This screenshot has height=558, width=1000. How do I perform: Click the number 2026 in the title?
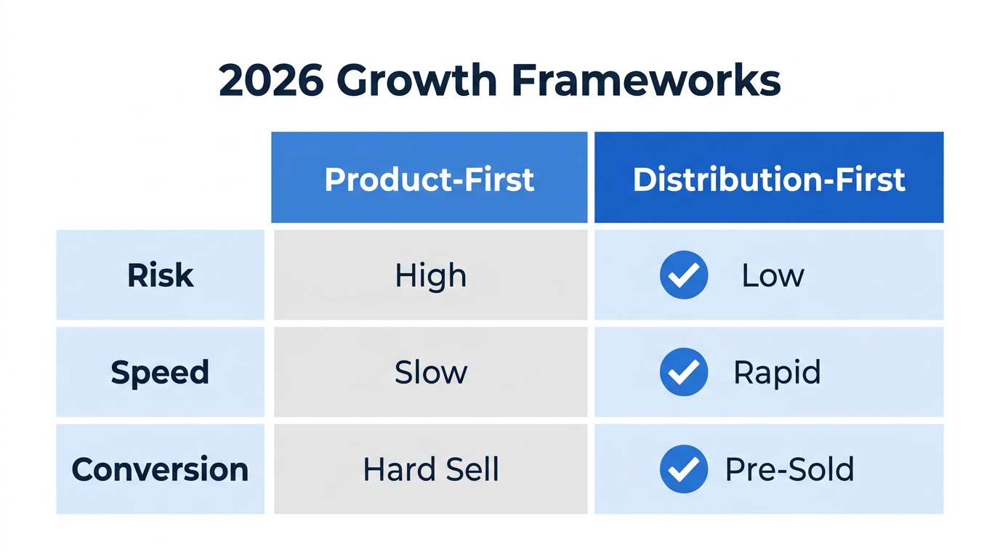(270, 81)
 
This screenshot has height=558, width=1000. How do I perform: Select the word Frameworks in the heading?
(646, 81)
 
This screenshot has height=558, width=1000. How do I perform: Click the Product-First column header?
(429, 179)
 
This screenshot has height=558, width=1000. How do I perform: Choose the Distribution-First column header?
(769, 179)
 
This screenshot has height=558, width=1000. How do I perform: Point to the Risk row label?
(161, 275)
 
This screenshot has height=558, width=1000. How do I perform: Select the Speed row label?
(160, 372)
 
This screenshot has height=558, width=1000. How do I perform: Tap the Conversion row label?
(160, 469)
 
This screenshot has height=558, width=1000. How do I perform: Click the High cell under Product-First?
(430, 275)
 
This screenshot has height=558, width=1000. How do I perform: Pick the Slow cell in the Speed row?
(430, 372)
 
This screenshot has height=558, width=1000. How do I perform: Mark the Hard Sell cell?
(430, 469)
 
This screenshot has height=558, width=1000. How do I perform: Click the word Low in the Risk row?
(773, 275)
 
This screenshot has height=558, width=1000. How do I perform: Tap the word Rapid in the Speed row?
(776, 372)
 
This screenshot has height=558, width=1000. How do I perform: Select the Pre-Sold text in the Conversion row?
(789, 469)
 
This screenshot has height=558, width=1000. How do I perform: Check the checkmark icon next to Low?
(683, 275)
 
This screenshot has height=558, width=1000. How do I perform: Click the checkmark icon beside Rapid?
(683, 372)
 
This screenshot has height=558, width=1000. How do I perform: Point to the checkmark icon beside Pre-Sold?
(683, 469)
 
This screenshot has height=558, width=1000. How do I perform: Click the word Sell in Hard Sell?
(472, 469)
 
